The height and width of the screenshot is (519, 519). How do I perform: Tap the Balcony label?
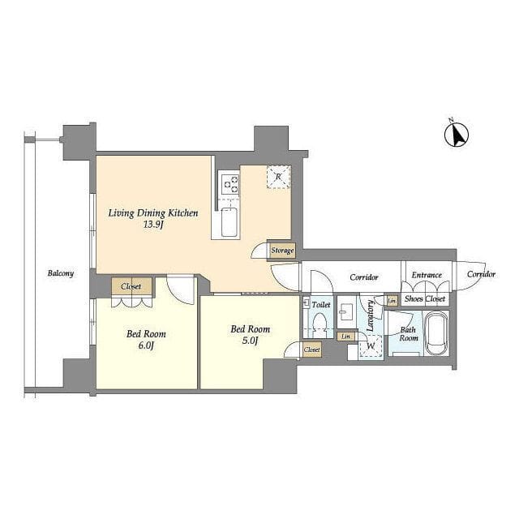click(x=61, y=273)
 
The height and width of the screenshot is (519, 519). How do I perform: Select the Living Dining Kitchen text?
click(x=153, y=213)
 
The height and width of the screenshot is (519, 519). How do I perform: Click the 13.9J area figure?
click(x=153, y=225)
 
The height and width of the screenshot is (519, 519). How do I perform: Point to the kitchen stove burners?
click(x=230, y=184)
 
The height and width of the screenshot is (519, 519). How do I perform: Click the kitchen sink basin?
click(x=229, y=222)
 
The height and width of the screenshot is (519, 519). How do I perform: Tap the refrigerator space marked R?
click(x=279, y=177)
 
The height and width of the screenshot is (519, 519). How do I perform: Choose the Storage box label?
click(x=282, y=251)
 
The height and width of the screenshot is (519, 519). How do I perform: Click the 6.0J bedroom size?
click(x=146, y=345)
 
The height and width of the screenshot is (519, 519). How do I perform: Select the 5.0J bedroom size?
click(x=251, y=341)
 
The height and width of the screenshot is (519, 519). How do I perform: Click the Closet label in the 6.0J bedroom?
click(x=131, y=286)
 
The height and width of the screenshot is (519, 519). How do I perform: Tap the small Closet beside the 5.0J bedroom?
click(x=312, y=350)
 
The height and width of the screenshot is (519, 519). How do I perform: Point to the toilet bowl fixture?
click(x=320, y=324)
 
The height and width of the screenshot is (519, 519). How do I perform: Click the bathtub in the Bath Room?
click(x=436, y=333)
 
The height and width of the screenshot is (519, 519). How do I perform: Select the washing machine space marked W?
click(x=371, y=346)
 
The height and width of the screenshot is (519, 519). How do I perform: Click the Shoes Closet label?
click(x=425, y=299)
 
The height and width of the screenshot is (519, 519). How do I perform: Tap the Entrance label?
click(x=427, y=275)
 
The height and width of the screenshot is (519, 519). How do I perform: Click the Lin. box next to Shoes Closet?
click(x=392, y=301)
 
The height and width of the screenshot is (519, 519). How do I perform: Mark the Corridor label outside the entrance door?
click(x=481, y=274)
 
